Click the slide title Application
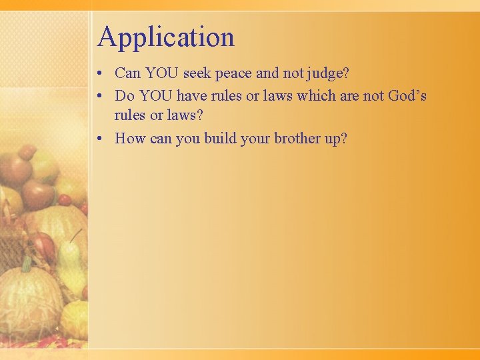pos(166,37)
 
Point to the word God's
pos(407,95)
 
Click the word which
pos(317,95)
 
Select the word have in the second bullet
pos(191,95)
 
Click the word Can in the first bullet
pos(127,73)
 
